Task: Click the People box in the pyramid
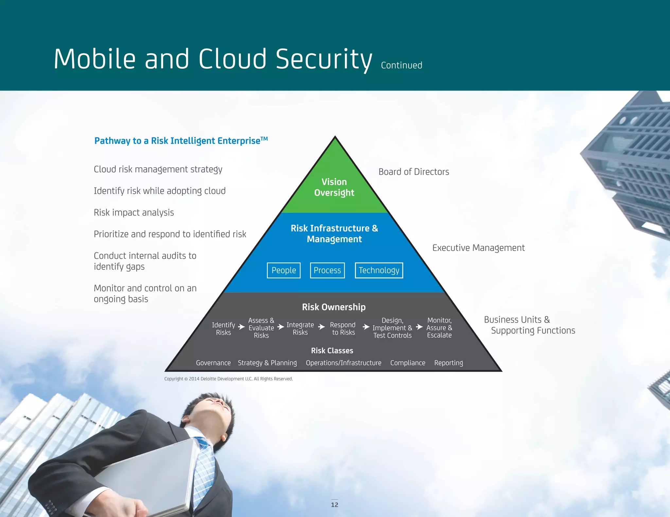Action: [x=284, y=270]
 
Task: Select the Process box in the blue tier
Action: [x=327, y=270]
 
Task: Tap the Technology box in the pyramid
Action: [x=379, y=270]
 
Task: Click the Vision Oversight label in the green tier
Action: [x=334, y=187]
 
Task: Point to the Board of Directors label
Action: [x=414, y=172]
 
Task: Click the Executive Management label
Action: [x=478, y=248]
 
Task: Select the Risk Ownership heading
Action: [x=334, y=307]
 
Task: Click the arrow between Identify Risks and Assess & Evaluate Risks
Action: [x=241, y=327]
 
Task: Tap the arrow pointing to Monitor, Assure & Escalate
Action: [x=419, y=327]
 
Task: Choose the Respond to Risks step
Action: [x=343, y=328]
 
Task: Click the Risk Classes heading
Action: [x=332, y=351]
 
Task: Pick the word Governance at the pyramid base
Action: [x=213, y=363]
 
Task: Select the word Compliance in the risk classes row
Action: [x=408, y=363]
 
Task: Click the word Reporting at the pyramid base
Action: [x=449, y=363]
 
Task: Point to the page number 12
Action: [x=335, y=505]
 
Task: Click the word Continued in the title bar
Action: [x=401, y=65]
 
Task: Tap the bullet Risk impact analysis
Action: [x=134, y=213]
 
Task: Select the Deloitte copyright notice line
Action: [x=228, y=379]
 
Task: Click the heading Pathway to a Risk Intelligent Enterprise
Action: [x=181, y=141]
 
